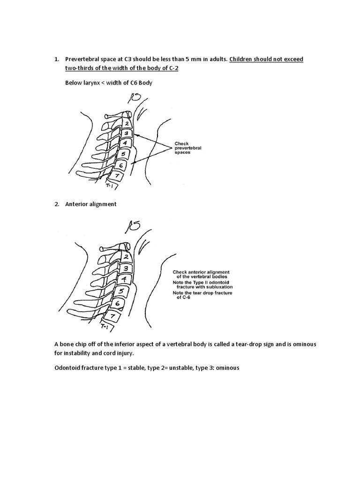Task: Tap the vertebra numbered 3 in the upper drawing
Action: (126, 134)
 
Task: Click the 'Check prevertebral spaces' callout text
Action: (187, 148)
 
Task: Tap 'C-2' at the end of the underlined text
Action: (173, 68)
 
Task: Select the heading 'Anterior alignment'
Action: (91, 204)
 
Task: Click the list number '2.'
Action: (57, 204)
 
